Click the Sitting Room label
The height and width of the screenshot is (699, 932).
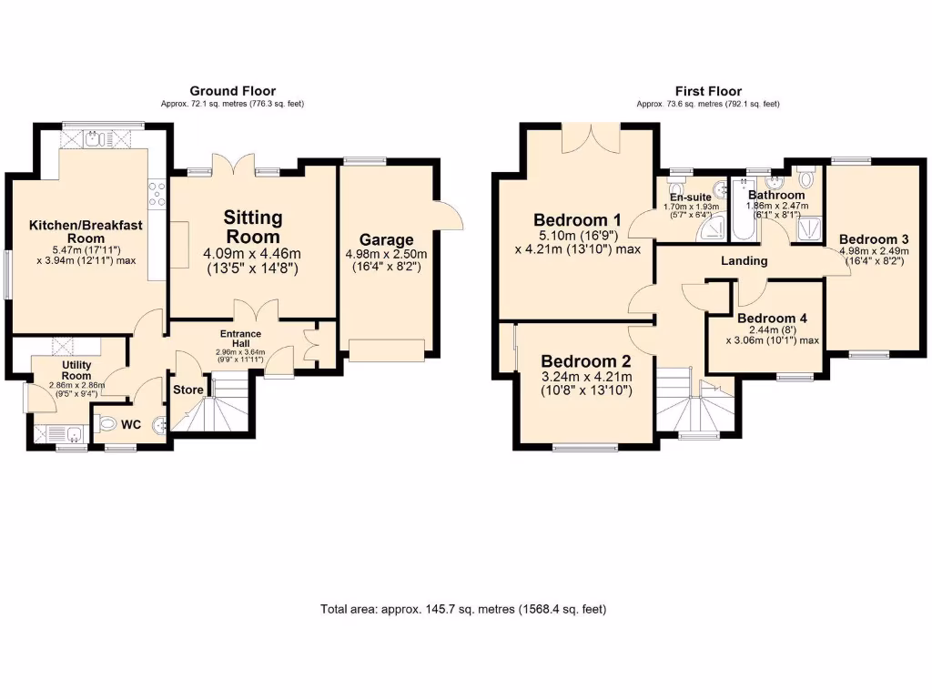[x=253, y=227]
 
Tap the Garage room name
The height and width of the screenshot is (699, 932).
[x=386, y=240]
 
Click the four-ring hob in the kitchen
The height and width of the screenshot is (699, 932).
[x=157, y=193]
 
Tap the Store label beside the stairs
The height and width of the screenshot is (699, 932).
[x=188, y=390]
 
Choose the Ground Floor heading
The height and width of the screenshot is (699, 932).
[x=232, y=91]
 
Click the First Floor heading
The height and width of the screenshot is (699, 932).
[x=708, y=91]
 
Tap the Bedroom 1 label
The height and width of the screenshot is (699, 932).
[x=577, y=220]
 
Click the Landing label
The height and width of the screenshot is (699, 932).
[x=744, y=261]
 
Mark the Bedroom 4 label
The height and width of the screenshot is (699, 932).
[x=772, y=319]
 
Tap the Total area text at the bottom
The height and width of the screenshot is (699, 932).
[x=464, y=609]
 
